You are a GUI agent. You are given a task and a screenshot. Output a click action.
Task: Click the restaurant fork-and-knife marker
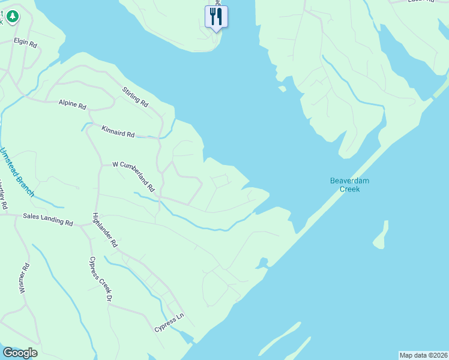[216, 16]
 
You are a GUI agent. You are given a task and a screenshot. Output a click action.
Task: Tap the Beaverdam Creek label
[345, 184]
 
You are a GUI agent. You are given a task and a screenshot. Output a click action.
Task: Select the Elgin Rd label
[26, 44]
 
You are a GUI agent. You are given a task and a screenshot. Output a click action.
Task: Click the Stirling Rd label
[135, 97]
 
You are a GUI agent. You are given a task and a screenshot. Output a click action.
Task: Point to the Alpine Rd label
[72, 104]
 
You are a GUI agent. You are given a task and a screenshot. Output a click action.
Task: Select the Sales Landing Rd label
[47, 219]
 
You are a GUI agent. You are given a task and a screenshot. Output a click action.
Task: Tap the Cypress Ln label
[170, 323]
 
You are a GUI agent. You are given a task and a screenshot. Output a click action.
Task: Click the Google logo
[20, 353]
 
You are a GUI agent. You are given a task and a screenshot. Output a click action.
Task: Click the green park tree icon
[11, 17]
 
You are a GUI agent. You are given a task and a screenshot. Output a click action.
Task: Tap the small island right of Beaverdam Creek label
[381, 235]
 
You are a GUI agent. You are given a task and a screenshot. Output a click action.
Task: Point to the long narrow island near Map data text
[282, 340]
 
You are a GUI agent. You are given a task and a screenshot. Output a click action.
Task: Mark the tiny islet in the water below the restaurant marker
[282, 89]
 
